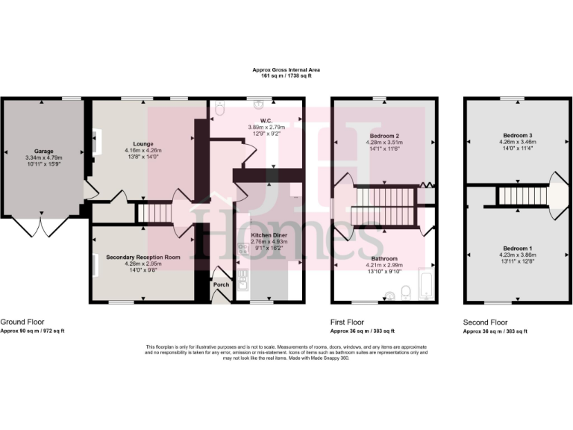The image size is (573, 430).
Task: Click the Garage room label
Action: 43,150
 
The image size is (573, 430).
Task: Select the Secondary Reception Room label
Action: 143,257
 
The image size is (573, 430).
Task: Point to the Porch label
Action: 221,284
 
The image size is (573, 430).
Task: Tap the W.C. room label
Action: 264,120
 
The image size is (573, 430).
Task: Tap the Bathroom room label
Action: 385,258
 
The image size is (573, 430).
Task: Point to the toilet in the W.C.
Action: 217,110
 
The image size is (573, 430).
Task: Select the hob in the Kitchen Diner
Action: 243,251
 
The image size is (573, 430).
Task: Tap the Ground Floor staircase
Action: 151,214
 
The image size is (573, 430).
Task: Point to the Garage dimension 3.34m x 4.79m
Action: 43,158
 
